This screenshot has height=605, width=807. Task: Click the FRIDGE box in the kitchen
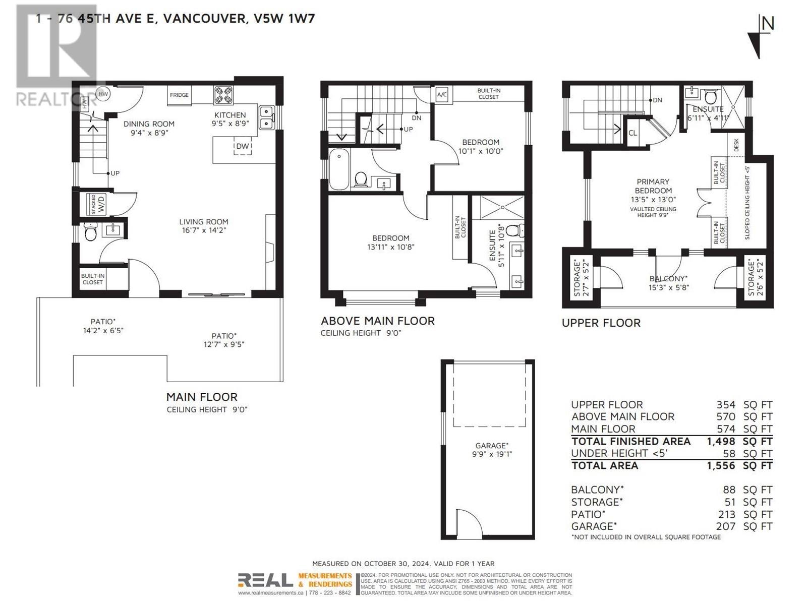click(179, 95)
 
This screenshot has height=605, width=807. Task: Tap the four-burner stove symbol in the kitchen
click(223, 95)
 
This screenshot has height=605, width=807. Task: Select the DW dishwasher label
click(243, 147)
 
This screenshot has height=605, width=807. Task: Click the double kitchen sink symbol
click(266, 117)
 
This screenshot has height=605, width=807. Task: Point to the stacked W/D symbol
click(98, 204)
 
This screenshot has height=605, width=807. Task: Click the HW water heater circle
click(103, 94)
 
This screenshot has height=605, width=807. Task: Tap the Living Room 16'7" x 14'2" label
click(204, 226)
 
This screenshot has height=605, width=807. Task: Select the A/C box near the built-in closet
click(442, 95)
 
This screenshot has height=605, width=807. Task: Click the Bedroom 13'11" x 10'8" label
click(391, 243)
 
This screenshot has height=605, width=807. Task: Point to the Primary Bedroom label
click(653, 186)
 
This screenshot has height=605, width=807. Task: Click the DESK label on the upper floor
click(736, 145)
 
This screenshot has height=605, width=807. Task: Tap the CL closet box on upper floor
click(632, 133)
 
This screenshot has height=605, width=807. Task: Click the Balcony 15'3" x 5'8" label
click(669, 283)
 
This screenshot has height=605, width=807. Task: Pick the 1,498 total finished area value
click(721, 441)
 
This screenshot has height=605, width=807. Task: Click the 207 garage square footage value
click(726, 526)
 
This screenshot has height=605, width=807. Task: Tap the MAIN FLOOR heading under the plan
click(202, 397)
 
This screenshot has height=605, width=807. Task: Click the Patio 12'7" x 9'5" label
click(223, 340)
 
